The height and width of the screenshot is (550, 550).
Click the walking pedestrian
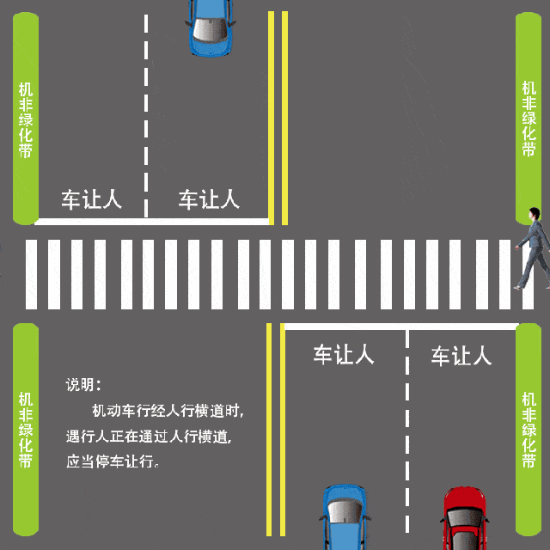534,248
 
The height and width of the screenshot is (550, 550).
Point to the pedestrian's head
535,213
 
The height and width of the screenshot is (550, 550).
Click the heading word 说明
83,384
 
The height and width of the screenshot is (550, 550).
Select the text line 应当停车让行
113,461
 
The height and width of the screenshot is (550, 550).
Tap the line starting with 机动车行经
168,410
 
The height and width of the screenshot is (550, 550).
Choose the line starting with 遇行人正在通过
149,436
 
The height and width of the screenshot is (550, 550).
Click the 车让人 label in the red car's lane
461,355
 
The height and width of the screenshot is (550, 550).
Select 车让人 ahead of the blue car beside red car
343,355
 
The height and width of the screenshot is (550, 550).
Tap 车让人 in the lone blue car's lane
209,200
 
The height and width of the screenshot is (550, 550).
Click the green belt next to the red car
529,430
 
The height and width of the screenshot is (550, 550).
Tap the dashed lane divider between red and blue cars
406,430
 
